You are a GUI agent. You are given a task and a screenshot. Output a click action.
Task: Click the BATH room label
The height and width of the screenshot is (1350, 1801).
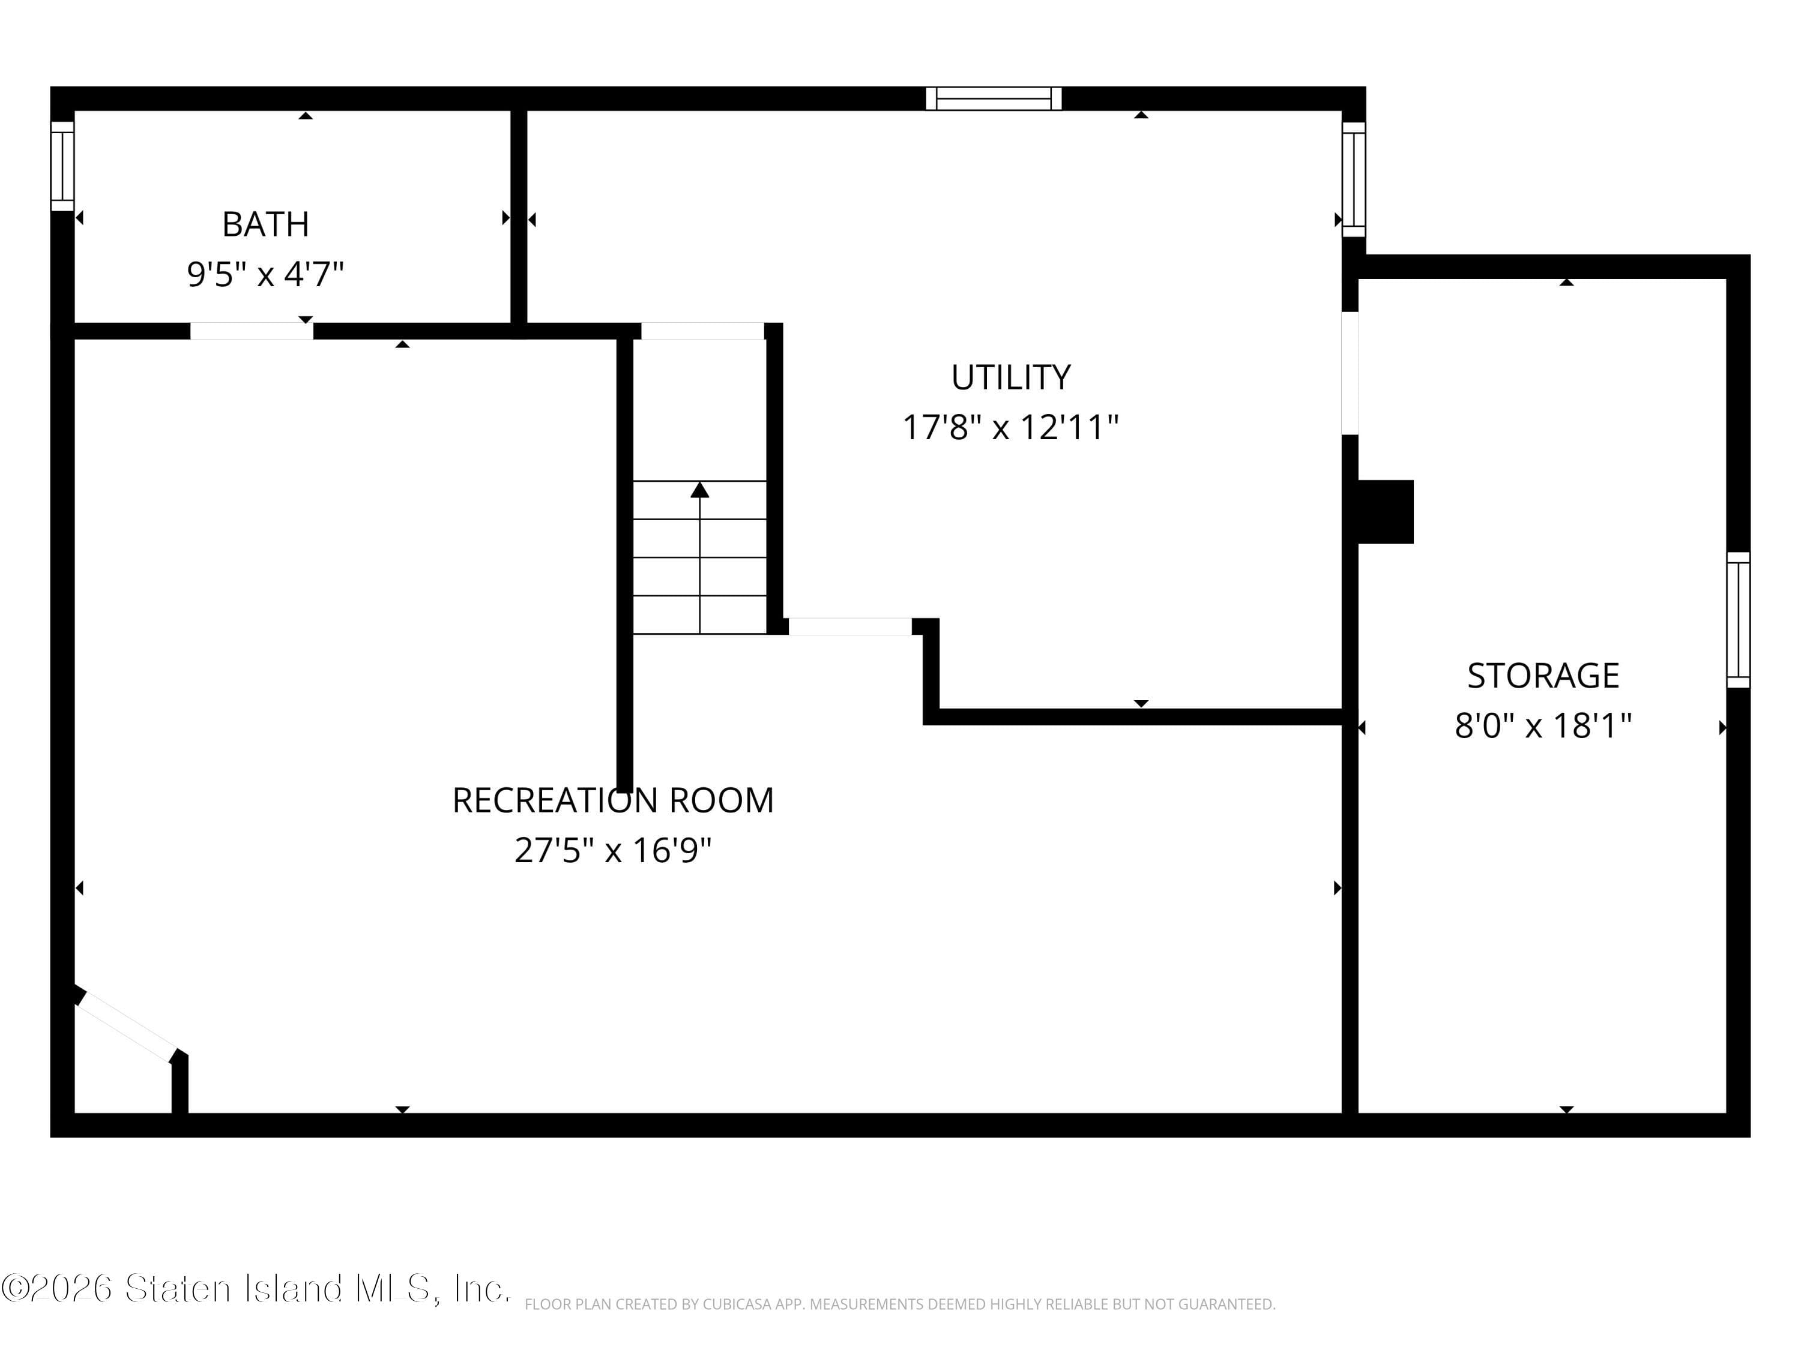point(265,224)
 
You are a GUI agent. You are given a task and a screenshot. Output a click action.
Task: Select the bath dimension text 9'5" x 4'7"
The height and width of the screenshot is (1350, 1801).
point(265,274)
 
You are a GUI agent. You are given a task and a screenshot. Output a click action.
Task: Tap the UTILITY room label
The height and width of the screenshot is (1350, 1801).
point(1010,377)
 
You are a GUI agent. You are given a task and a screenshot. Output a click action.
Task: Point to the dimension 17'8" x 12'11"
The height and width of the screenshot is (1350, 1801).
point(1010,427)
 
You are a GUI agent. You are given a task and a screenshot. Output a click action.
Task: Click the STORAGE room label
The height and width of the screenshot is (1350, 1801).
point(1543,676)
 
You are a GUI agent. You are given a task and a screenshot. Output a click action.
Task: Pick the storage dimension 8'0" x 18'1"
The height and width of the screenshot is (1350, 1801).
point(1543,725)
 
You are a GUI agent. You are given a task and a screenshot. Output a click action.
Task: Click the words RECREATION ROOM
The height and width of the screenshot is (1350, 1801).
point(612,800)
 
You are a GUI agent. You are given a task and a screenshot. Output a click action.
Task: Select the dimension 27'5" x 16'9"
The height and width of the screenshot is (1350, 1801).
point(612,850)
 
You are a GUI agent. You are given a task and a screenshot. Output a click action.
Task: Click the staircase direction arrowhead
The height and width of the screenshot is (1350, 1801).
point(699,490)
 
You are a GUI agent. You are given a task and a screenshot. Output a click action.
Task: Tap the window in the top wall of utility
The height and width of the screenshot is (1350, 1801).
point(994,98)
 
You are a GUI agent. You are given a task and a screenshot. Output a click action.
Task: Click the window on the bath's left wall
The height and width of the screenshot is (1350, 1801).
point(62,166)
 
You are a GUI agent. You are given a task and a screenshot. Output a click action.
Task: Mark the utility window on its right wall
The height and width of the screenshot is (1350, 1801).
point(1353,179)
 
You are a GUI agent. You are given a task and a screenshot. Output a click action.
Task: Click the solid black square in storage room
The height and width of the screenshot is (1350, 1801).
point(1386,511)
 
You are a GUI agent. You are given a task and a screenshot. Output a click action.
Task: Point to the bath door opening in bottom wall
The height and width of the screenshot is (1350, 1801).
point(252,331)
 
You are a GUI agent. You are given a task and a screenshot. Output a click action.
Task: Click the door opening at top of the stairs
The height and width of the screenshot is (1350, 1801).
point(702,331)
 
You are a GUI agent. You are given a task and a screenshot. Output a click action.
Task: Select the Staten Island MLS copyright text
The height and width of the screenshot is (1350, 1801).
point(256,1288)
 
